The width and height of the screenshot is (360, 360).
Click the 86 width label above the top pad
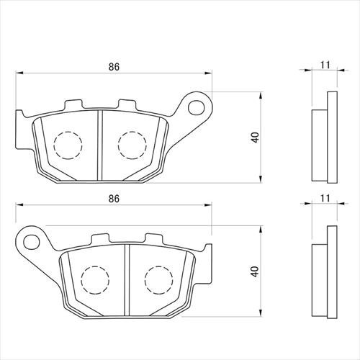pos(114,67)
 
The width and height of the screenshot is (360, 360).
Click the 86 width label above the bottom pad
pos(114,199)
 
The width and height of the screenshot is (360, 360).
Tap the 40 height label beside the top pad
pos(256,138)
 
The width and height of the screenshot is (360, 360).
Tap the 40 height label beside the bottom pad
pos(256,271)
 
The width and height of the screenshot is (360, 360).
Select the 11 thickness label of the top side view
pos(325,65)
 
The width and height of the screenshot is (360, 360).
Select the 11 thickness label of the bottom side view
pos(325,198)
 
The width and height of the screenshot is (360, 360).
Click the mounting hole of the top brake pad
pos(197,108)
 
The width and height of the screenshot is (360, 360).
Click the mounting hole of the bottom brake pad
pos(32,242)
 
